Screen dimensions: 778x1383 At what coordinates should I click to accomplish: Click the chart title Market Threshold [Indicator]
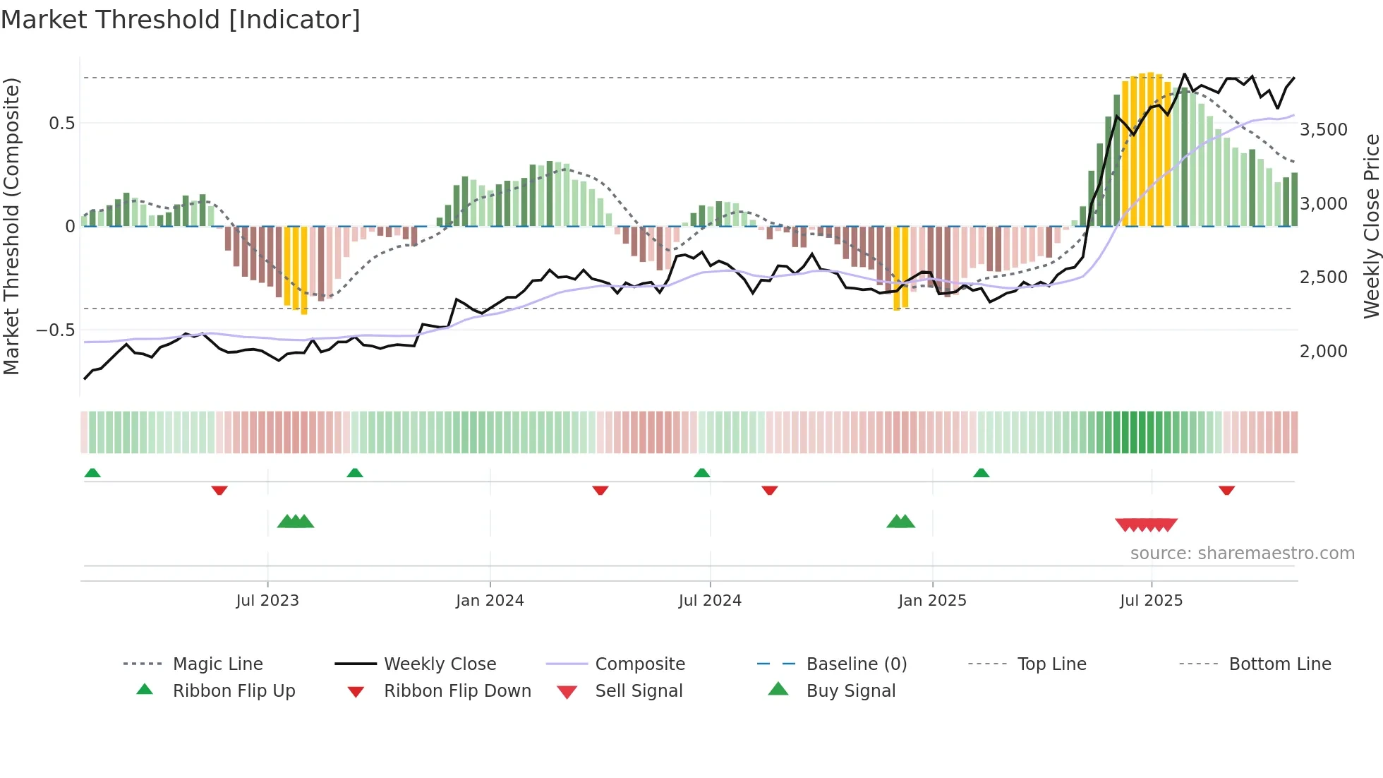[x=181, y=20]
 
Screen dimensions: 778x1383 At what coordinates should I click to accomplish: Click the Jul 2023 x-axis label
[x=267, y=601]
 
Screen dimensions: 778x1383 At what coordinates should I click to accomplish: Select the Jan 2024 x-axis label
[x=490, y=601]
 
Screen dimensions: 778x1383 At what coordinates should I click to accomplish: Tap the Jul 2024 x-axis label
[x=710, y=601]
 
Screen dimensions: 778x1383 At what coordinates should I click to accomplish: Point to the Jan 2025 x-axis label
[x=932, y=601]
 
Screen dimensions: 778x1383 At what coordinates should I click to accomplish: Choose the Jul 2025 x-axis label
[x=1151, y=601]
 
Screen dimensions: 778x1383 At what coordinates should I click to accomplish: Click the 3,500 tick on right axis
[x=1324, y=130]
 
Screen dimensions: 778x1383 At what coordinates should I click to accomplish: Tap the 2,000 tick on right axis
[x=1324, y=351]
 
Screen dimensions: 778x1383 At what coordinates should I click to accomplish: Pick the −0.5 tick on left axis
[x=55, y=330]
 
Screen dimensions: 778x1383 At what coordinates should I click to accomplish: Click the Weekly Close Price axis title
[x=1371, y=226]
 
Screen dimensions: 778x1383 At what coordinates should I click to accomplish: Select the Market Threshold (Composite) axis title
[x=11, y=226]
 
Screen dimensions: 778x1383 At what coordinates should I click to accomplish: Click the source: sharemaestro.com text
[x=1242, y=553]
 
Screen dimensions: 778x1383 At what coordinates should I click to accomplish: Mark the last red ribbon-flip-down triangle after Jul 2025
[x=1226, y=490]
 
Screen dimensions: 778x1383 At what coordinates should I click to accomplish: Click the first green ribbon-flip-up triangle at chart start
[x=92, y=473]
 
